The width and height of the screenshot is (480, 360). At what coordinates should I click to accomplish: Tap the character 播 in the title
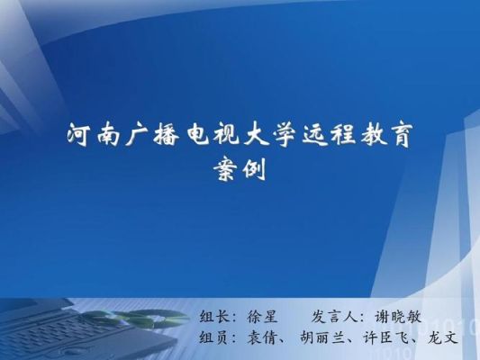(x=167, y=135)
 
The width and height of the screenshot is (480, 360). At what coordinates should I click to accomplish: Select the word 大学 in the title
(x=268, y=135)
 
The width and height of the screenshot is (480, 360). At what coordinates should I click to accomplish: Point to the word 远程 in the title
(x=328, y=135)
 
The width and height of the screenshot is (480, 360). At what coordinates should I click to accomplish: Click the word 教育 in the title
(x=386, y=135)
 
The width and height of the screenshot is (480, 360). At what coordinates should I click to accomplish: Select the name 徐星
(x=262, y=317)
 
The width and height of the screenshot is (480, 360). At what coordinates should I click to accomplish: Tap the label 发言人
(x=335, y=317)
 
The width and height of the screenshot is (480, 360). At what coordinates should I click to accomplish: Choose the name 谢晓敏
(x=398, y=317)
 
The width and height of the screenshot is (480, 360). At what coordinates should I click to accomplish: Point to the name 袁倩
(x=262, y=338)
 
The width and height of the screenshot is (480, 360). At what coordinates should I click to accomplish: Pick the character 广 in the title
(x=137, y=135)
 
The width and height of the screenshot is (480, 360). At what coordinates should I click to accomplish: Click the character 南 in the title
(x=108, y=135)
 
